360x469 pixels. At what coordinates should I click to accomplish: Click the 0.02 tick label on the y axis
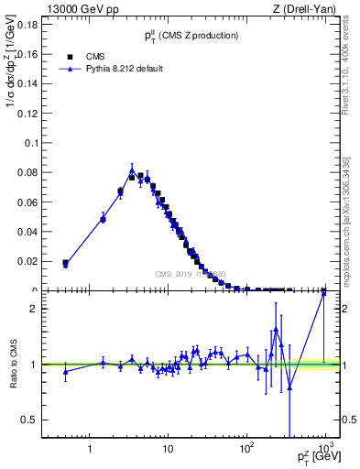29,261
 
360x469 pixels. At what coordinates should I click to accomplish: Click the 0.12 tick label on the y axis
29,114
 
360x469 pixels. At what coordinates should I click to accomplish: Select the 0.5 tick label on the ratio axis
31,420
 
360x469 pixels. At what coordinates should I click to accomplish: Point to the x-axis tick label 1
90,449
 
